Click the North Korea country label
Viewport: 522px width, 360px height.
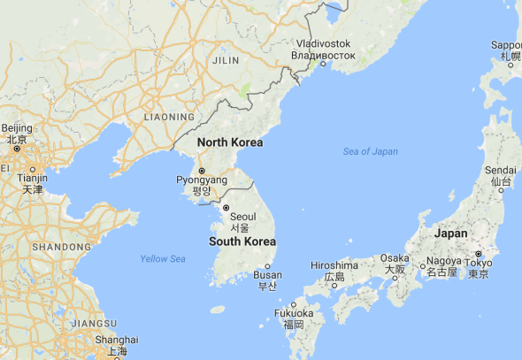pyautogui.click(x=229, y=142)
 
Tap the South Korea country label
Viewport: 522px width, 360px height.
pyautogui.click(x=242, y=241)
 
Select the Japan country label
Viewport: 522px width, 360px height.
pyautogui.click(x=451, y=234)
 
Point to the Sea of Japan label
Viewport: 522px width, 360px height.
pyautogui.click(x=371, y=152)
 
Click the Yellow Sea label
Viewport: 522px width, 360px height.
pyautogui.click(x=163, y=258)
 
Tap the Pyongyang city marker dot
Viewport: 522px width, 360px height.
pyautogui.click(x=202, y=170)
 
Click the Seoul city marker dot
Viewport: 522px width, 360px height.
pyautogui.click(x=226, y=208)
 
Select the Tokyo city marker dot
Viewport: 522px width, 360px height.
pyautogui.click(x=479, y=253)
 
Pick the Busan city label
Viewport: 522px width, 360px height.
pyautogui.click(x=267, y=275)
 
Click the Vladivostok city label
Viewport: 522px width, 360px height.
pyautogui.click(x=323, y=44)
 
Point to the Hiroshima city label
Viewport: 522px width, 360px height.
pyautogui.click(x=334, y=265)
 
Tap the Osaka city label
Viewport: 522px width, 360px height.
pyautogui.click(x=395, y=258)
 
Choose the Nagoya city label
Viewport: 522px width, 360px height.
pyautogui.click(x=441, y=262)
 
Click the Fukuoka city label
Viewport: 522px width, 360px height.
pyautogui.click(x=294, y=313)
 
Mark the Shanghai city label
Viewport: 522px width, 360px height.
pyautogui.click(x=118, y=340)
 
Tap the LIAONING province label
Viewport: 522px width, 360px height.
pyautogui.click(x=168, y=117)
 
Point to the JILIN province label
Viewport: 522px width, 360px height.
pyautogui.click(x=226, y=60)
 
